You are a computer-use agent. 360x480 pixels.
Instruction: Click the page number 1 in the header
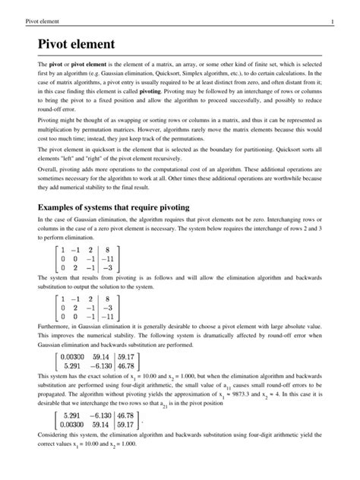click(343, 8)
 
